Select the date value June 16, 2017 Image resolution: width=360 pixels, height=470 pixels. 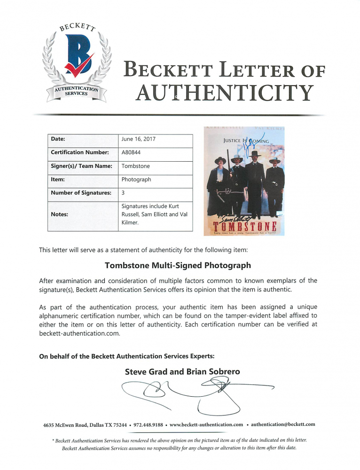tap(138, 139)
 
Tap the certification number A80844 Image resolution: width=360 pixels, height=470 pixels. tap(131, 152)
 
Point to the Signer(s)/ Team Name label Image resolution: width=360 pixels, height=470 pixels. tap(81, 166)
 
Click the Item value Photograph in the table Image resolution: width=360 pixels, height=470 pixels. tap(136, 180)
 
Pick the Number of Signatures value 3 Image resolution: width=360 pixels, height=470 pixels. tap(123, 193)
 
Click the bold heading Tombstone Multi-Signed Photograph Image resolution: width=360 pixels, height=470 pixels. tap(178, 265)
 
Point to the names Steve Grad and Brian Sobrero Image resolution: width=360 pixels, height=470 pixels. tap(182, 372)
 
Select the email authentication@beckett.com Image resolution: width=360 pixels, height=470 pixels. tap(283, 424)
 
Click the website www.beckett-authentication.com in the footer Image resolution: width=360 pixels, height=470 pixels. tap(206, 424)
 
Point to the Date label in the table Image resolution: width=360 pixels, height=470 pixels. tap(58, 139)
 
